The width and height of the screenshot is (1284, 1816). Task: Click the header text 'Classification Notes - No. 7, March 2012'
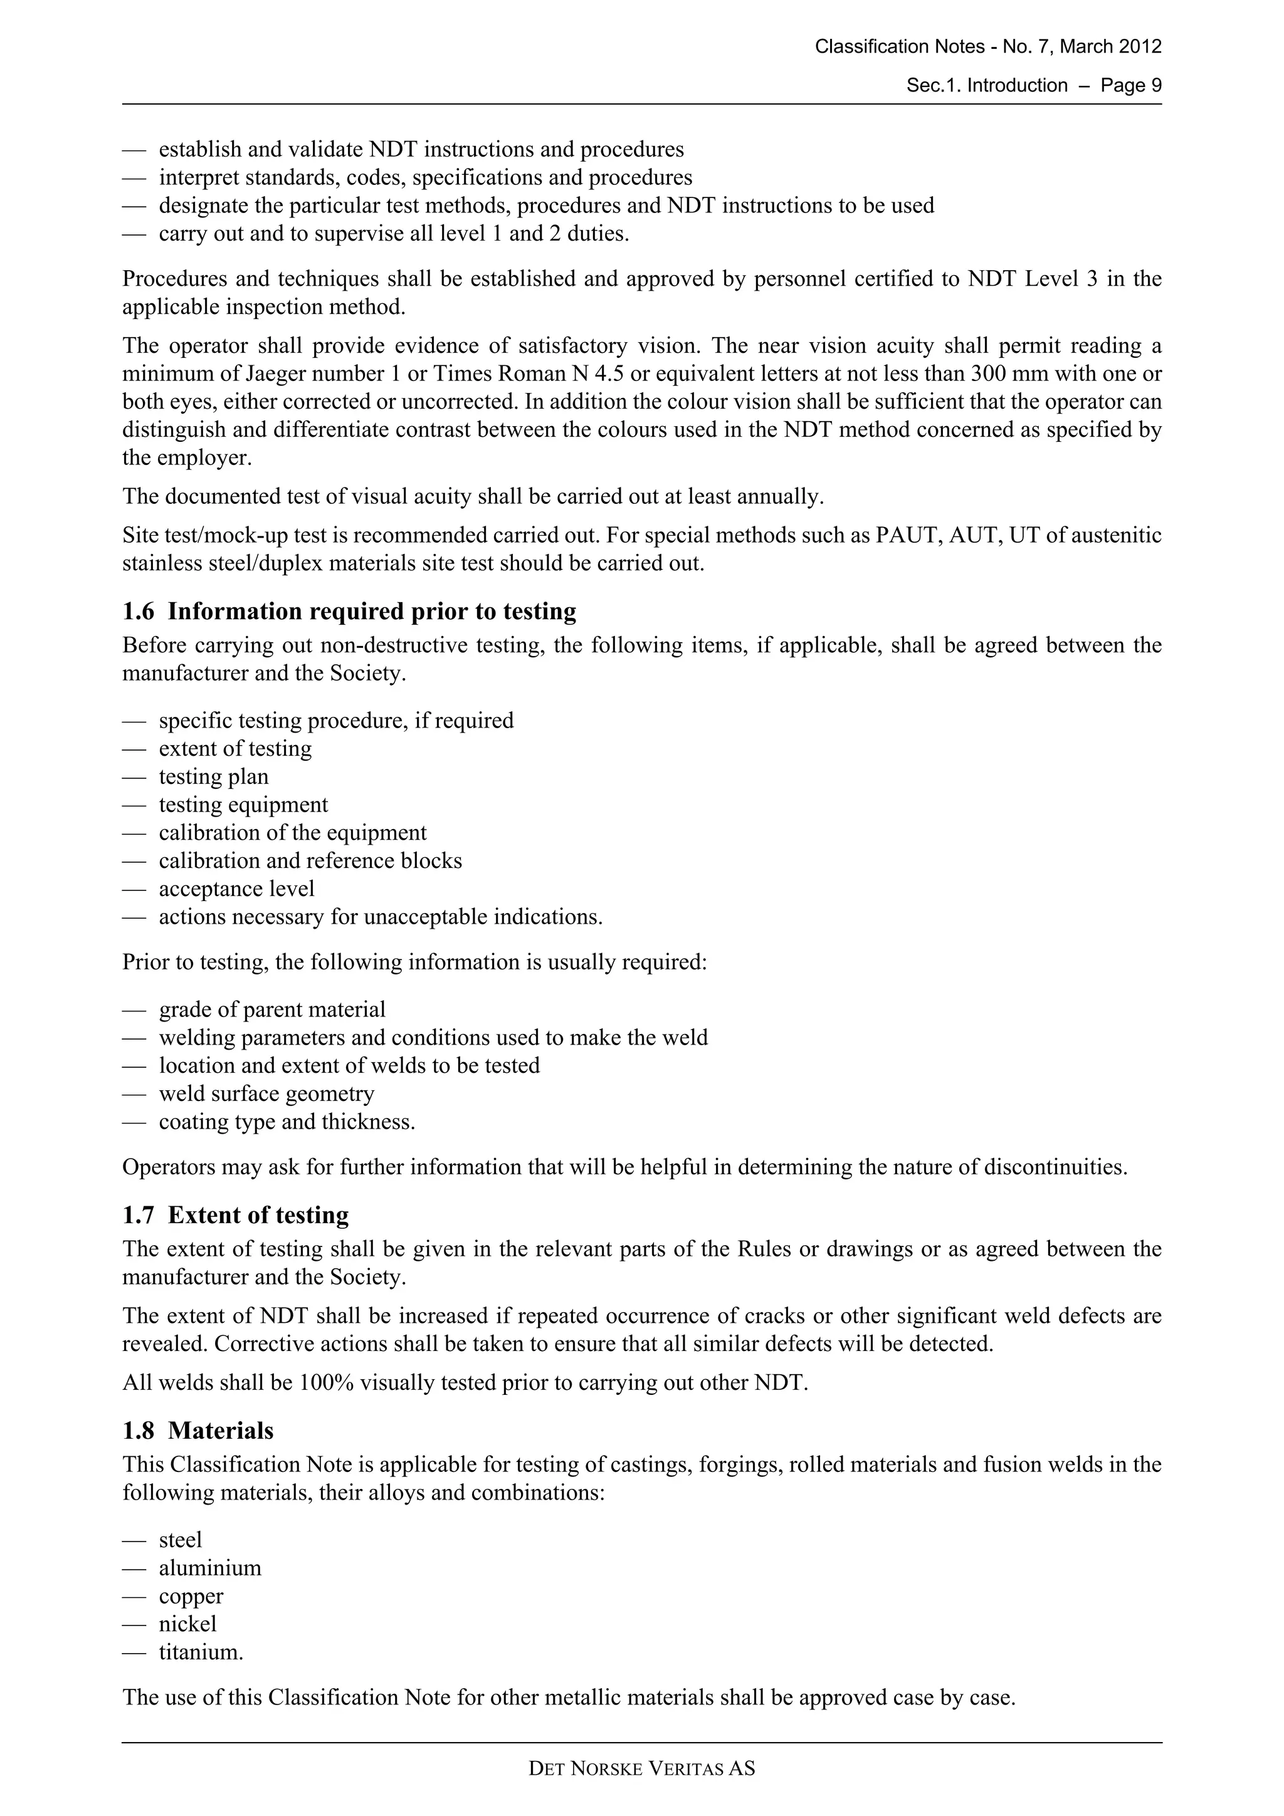click(987, 46)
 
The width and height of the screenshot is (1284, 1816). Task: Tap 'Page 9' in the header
click(1130, 85)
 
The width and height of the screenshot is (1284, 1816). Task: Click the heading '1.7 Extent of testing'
click(235, 1215)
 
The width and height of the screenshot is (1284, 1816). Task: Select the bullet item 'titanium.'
click(201, 1652)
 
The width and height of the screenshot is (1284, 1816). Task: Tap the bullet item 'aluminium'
click(209, 1568)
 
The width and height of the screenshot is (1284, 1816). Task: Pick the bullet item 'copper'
click(191, 1596)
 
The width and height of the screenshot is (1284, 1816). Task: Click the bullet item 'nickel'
click(187, 1624)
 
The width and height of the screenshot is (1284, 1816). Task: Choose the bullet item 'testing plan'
click(214, 776)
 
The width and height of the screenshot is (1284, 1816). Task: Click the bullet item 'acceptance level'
click(236, 889)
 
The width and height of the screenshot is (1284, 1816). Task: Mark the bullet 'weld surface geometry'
click(266, 1094)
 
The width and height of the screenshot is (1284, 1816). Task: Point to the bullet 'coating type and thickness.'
click(287, 1122)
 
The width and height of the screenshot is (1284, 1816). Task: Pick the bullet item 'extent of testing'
click(235, 748)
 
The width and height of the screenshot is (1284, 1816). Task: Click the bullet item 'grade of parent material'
click(272, 1010)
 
